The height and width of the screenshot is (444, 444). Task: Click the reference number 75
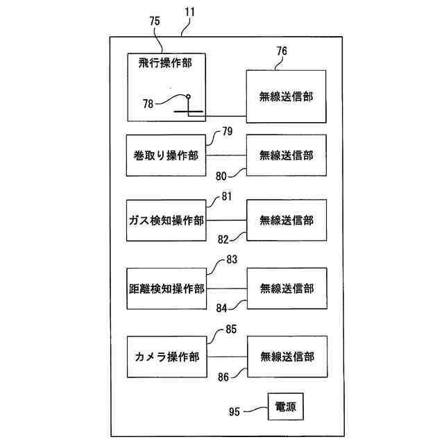pos(155,21)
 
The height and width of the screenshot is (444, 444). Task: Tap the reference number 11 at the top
pos(189,12)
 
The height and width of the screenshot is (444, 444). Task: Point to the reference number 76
pos(282,51)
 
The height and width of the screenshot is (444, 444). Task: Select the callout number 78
pos(148,103)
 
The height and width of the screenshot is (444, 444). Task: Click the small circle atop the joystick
pos(188,96)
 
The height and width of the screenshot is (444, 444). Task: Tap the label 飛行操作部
pos(165,62)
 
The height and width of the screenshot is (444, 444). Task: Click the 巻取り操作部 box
pos(166,155)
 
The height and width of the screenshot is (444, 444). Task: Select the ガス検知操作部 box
pos(166,221)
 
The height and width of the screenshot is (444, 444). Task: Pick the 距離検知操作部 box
pos(166,289)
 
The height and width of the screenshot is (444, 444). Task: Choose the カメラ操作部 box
pos(167,357)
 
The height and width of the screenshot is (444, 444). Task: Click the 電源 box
pos(286,407)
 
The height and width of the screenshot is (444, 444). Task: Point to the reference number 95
pos(234,411)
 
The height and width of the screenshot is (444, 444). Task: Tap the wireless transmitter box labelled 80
pos(287,155)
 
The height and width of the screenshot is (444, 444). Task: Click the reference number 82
pos(223,239)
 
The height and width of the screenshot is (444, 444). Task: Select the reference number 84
pos(222,308)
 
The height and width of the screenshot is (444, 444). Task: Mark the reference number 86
pos(223,377)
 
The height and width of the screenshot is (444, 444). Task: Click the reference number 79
pos(228,131)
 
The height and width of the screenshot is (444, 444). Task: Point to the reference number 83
pos(232,259)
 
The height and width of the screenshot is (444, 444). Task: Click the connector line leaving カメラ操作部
pos(227,357)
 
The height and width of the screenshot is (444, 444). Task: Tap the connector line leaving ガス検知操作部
pos(226,221)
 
